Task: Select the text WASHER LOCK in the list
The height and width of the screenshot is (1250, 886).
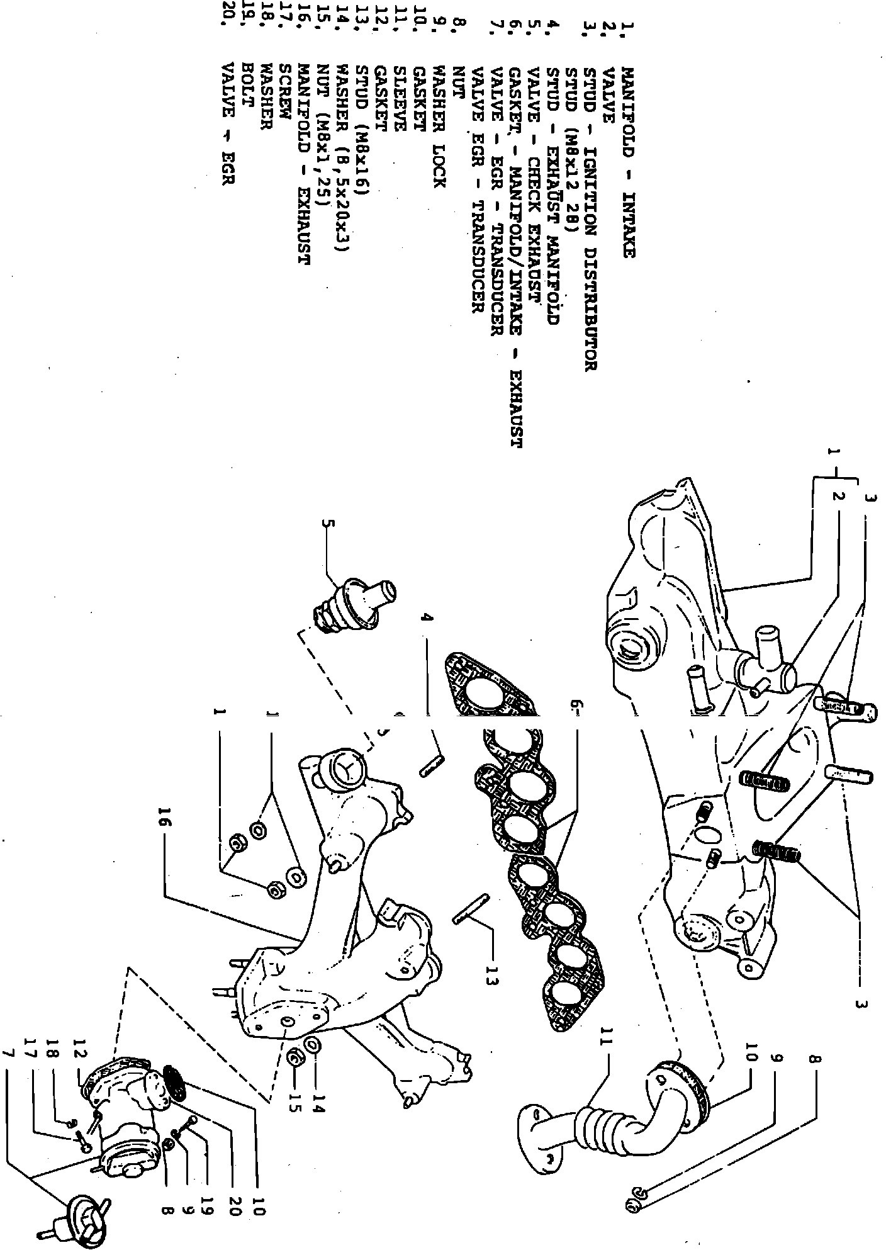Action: [x=439, y=127]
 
